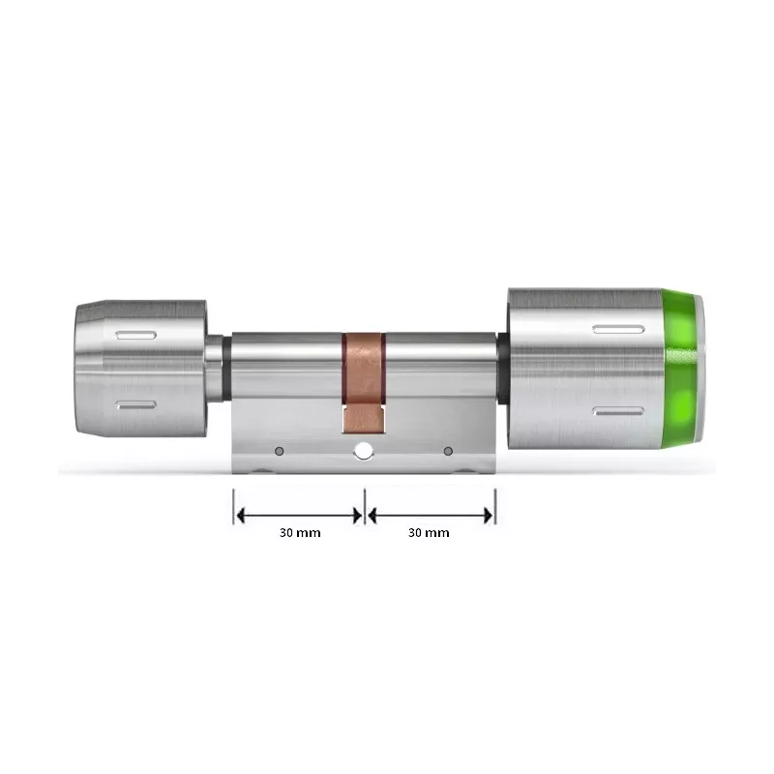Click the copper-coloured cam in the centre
click(x=363, y=372)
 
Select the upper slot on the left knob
click(x=134, y=335)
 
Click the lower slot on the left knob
click(x=134, y=404)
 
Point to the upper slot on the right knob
click(x=617, y=330)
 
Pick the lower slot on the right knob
click(x=617, y=410)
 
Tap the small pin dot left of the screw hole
click(x=279, y=451)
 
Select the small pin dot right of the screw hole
click(x=447, y=451)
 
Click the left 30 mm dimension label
click(x=300, y=532)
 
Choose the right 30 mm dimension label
click(x=430, y=532)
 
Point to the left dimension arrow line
click(x=299, y=514)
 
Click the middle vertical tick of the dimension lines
click(x=365, y=505)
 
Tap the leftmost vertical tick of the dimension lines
click(x=234, y=505)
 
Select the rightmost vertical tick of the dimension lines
click(x=495, y=505)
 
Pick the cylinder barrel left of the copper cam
click(x=286, y=364)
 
